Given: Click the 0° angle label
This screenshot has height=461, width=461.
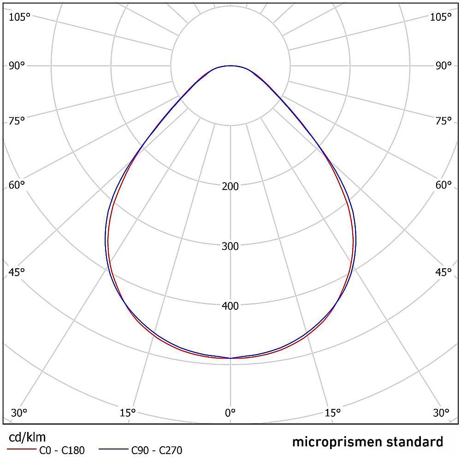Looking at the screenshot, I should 230,412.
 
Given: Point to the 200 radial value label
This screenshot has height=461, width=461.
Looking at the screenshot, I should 230,186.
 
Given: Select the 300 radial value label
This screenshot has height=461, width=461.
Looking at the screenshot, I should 230,246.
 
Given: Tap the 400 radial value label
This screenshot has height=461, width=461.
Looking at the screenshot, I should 230,306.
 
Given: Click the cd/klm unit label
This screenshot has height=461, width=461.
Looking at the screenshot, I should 27,437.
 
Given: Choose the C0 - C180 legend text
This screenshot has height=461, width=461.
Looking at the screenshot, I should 62,450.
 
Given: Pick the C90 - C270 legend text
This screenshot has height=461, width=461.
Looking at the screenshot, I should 157,450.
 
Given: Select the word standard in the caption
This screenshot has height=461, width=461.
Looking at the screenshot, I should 414,442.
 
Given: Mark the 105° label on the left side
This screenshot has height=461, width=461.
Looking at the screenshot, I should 19,17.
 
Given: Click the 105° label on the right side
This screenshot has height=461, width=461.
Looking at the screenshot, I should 441,17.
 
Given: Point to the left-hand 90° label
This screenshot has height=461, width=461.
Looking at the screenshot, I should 17,65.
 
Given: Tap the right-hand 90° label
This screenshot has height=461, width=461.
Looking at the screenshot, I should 443,65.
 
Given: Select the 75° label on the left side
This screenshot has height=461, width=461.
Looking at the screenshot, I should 17,121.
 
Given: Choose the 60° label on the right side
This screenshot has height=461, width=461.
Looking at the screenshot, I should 443,185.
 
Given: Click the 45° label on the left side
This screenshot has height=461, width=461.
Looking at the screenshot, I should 17,272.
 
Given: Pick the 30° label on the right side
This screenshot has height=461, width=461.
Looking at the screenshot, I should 442,412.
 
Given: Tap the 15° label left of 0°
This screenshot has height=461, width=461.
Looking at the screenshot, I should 127,412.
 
